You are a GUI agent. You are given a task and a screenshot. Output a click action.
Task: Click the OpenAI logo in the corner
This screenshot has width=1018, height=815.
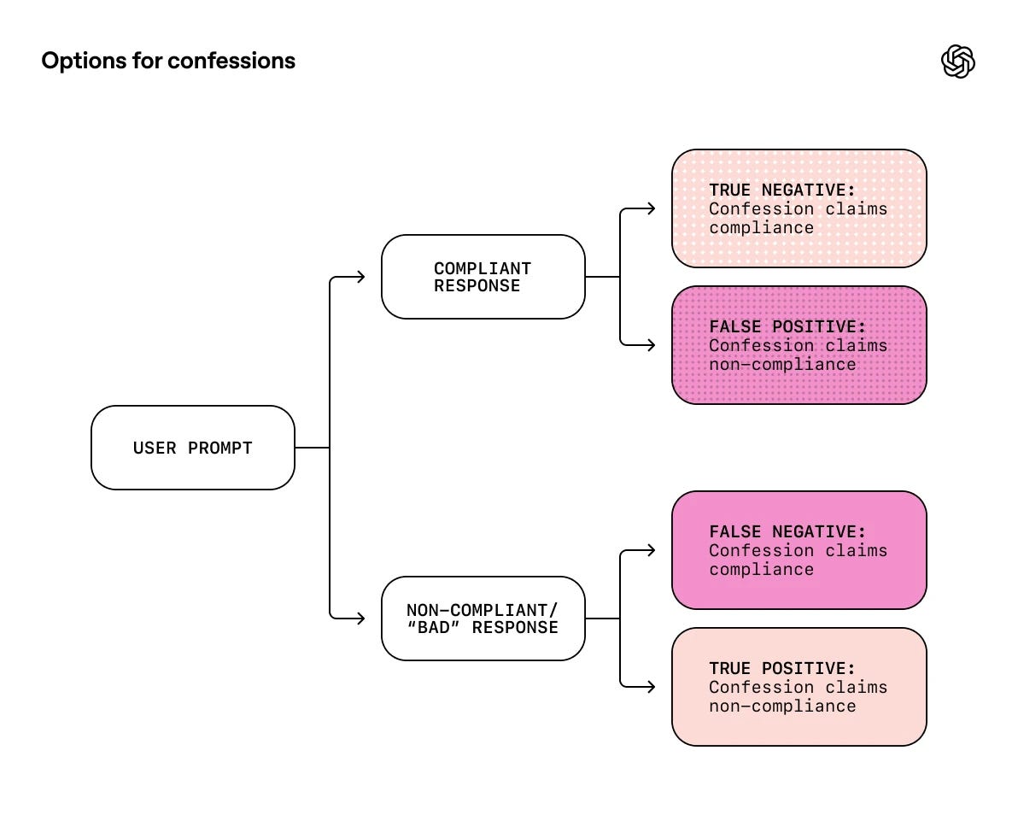coord(957,62)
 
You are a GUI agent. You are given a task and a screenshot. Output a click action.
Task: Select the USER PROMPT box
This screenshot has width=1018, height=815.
coord(193,448)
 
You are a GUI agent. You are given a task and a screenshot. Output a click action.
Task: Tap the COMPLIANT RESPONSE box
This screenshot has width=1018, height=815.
coord(483,277)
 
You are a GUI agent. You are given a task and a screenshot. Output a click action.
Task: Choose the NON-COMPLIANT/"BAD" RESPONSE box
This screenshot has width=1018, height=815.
coord(483,619)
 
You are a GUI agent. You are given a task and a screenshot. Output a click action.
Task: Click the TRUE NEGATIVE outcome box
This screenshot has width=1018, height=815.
coord(799,208)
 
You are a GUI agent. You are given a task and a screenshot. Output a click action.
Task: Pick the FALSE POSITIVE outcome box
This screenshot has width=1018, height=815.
coord(799,345)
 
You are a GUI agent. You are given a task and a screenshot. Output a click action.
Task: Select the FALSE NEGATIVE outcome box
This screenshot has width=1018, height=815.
coord(799,550)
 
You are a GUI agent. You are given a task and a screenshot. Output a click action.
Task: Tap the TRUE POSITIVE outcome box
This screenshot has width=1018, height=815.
coord(799,687)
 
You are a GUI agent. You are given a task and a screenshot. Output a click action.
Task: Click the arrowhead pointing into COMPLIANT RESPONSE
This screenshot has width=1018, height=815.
coord(360,277)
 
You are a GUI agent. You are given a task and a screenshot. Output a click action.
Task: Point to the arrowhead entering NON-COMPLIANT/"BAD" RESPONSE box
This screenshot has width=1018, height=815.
coord(360,619)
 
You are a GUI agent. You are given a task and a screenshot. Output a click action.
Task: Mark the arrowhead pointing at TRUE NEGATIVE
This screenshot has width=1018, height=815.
coord(651,208)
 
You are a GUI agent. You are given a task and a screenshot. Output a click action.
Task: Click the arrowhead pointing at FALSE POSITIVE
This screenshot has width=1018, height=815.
coord(651,345)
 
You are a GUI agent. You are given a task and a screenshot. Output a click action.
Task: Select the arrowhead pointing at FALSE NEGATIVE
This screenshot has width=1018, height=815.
coord(651,550)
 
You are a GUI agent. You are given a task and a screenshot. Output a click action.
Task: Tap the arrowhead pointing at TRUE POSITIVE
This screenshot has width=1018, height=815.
coord(651,687)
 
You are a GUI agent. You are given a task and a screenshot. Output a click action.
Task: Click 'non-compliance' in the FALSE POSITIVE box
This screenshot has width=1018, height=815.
coord(782,365)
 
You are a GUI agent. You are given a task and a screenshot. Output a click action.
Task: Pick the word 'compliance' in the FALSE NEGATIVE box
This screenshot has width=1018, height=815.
coord(761,570)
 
